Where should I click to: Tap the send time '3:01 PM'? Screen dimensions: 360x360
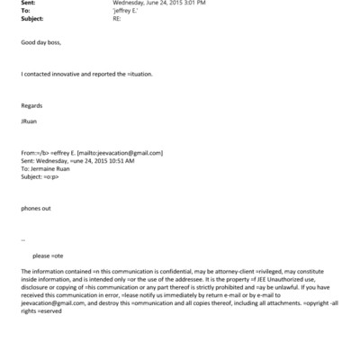click(193, 4)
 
